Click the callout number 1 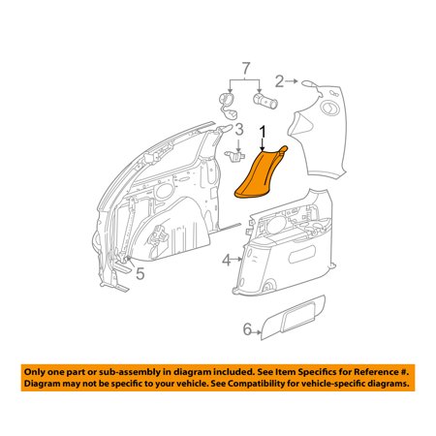coord(264,133)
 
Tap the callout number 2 coord(279,81)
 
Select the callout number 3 coord(239,130)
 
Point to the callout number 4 coord(227,260)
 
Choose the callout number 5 coord(140,273)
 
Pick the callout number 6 coord(247,329)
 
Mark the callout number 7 coord(246,69)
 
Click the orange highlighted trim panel coord(259,174)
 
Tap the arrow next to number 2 coord(292,81)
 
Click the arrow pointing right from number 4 coord(237,259)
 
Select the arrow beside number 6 coord(257,332)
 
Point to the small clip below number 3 coord(234,155)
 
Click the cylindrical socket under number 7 coord(265,100)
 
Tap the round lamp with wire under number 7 coord(227,104)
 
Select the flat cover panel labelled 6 coord(293,317)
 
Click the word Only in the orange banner coord(35,372)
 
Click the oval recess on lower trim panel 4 coord(302,254)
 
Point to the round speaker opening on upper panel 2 coord(329,108)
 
